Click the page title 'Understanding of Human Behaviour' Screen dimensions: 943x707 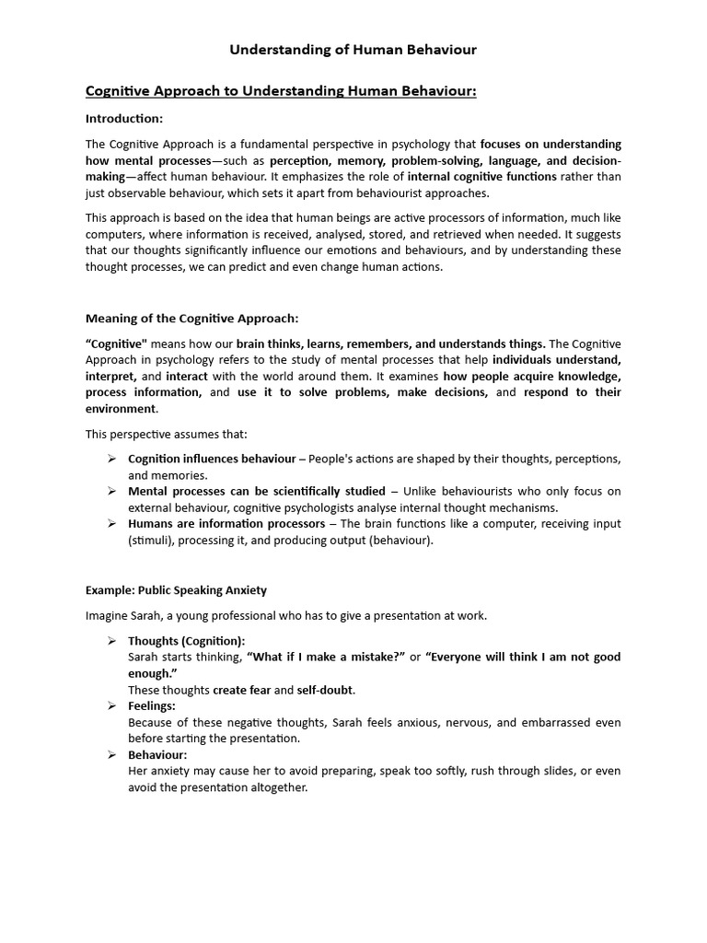click(353, 50)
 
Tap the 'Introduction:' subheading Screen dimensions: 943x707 click(124, 118)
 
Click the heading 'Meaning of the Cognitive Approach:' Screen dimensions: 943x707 click(192, 319)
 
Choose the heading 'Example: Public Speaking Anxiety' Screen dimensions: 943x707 click(177, 589)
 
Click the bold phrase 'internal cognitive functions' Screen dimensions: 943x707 click(481, 177)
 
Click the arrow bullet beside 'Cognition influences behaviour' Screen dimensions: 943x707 click(110, 459)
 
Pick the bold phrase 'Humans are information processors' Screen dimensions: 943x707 click(226, 523)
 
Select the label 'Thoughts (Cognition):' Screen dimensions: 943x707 click(187, 640)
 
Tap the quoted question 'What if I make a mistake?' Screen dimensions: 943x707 click(327, 657)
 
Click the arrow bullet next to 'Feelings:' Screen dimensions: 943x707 click(110, 706)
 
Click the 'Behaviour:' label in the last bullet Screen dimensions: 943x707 click(157, 755)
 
